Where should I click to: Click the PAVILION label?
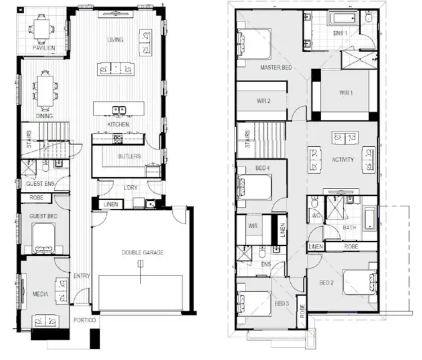tap(43, 48)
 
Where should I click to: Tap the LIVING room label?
tap(115, 40)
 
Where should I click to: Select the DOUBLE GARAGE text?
tap(142, 253)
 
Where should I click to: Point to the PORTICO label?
tap(85, 320)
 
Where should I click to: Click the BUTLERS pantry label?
tap(130, 156)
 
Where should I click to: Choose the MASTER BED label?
tap(276, 67)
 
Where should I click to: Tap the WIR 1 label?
tap(345, 92)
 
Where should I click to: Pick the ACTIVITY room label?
tap(343, 160)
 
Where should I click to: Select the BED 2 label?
tap(327, 283)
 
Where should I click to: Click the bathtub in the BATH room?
tap(370, 219)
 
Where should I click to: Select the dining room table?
tap(44, 88)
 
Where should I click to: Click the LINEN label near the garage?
tap(110, 204)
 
